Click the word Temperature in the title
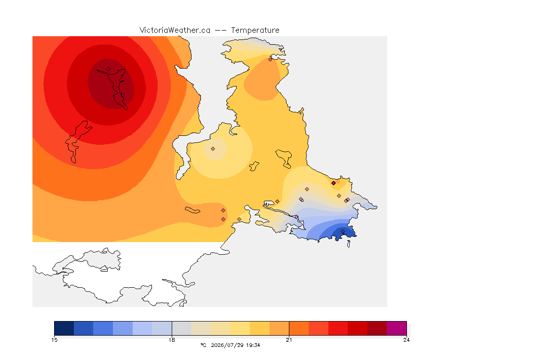255,31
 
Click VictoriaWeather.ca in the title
175,31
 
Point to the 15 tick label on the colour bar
54,340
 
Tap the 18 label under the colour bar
172,340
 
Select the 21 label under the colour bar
289,340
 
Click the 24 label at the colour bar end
406,340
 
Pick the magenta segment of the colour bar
397,328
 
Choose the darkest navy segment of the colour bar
64,328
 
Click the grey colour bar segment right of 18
182,328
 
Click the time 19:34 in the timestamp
253,345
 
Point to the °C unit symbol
204,345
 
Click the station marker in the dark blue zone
343,231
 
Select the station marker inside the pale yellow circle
213,149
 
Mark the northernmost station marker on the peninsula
271,59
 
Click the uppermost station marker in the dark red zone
109,69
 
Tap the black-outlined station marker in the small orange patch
334,183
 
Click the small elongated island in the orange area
192,210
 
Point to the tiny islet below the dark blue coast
349,244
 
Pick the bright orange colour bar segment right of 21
299,328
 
